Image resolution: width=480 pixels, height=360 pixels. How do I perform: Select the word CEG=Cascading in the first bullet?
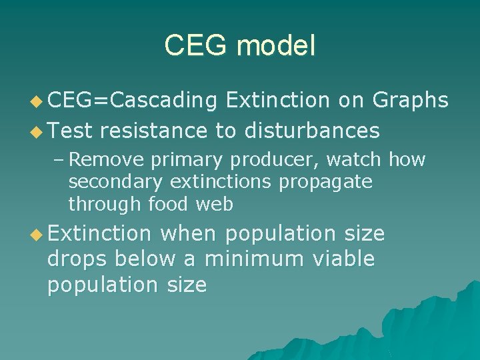point(132,100)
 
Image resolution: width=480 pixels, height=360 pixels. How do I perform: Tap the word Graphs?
point(410,99)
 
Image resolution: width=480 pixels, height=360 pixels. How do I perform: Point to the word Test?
point(70,130)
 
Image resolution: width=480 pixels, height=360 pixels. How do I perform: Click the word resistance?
point(154,130)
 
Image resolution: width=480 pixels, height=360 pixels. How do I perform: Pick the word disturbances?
point(312,130)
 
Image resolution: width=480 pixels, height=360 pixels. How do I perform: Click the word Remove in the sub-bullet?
point(108,160)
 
